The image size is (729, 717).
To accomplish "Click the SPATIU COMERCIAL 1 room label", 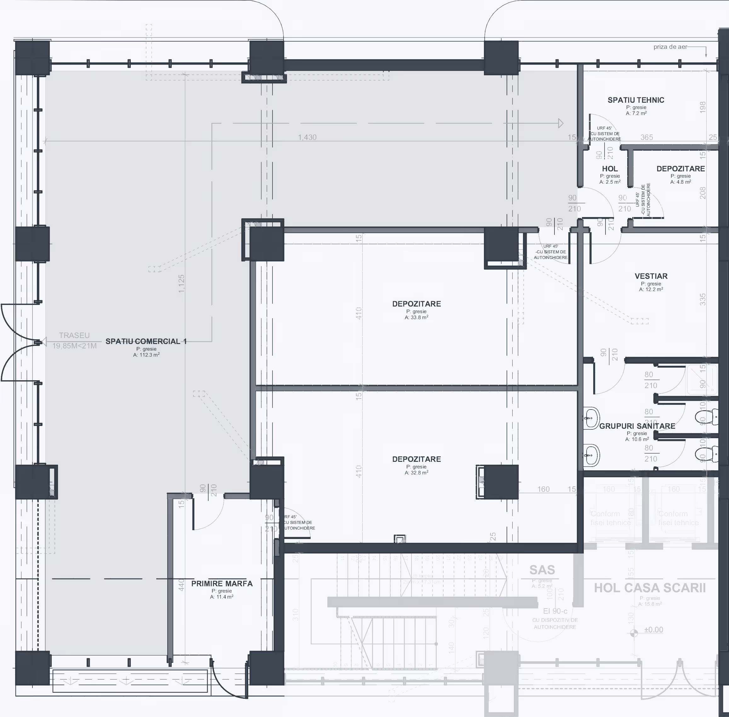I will tap(146, 341).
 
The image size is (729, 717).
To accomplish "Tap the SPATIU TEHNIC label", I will tap(636, 100).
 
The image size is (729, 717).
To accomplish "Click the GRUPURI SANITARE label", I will tap(637, 426).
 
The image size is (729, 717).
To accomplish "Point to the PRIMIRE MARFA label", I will tap(222, 584).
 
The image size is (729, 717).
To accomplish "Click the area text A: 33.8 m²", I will tap(416, 318).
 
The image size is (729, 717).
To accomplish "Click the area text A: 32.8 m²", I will tap(416, 473).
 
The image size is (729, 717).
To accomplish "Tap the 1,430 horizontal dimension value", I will tap(307, 137).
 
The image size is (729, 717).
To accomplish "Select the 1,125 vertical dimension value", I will tap(181, 284).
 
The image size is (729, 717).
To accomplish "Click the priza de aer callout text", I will tap(670, 47).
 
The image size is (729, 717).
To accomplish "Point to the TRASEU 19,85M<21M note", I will tap(74, 341).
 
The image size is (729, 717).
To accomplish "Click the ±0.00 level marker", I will tap(653, 630).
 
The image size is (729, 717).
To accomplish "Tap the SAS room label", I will tap(542, 570).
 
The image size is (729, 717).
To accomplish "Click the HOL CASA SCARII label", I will tap(650, 588).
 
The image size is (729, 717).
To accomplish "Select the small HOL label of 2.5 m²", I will tap(610, 169).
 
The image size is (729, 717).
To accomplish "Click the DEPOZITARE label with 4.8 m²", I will tap(680, 169).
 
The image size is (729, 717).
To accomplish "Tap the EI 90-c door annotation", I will tap(555, 611).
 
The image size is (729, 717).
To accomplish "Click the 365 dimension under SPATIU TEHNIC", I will tap(646, 137).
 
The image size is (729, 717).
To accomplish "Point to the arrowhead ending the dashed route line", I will tap(561, 123).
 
